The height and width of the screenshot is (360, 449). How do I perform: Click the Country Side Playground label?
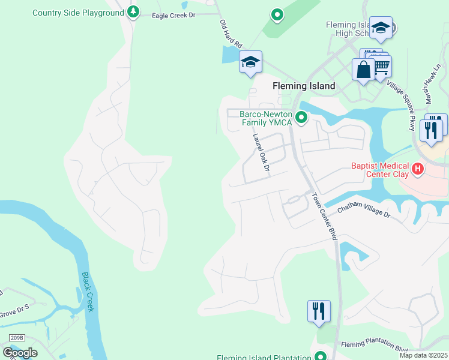coord(77,13)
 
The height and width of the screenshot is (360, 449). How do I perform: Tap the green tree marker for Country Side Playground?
coord(133,11)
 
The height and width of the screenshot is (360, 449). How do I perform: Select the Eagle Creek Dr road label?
coord(175,16)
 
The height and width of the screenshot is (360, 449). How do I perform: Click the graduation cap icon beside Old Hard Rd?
coord(251,62)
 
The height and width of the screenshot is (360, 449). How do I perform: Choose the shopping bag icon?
coord(363,70)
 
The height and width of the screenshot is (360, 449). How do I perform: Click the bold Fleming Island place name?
coord(304,86)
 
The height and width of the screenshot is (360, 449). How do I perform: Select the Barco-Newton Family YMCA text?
coord(265,118)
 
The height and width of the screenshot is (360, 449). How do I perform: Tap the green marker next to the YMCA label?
coord(301,118)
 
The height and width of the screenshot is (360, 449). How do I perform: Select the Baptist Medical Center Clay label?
coord(380,170)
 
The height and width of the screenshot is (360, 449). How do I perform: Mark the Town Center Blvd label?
coord(325,217)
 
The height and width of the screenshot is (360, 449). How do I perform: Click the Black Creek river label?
coord(88,292)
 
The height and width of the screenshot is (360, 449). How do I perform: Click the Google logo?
coord(20,352)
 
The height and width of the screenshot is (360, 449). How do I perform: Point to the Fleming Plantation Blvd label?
coord(375,346)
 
